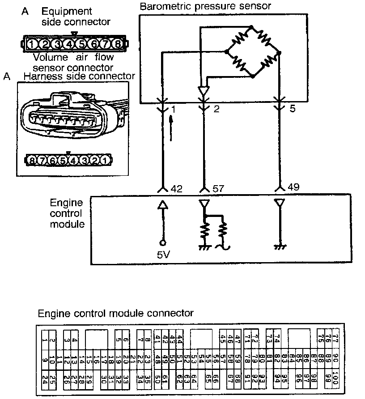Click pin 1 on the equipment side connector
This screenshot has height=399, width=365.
[x=33, y=44]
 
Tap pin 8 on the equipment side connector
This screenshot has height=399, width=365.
[x=117, y=44]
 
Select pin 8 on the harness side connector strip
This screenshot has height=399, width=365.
[x=32, y=160]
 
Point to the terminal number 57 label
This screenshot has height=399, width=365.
[x=218, y=189]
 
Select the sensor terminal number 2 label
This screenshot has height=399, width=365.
[x=216, y=109]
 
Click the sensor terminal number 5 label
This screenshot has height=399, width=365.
[x=293, y=109]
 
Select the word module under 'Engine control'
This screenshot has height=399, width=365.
[x=67, y=224]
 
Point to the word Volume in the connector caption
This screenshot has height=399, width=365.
[x=51, y=57]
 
